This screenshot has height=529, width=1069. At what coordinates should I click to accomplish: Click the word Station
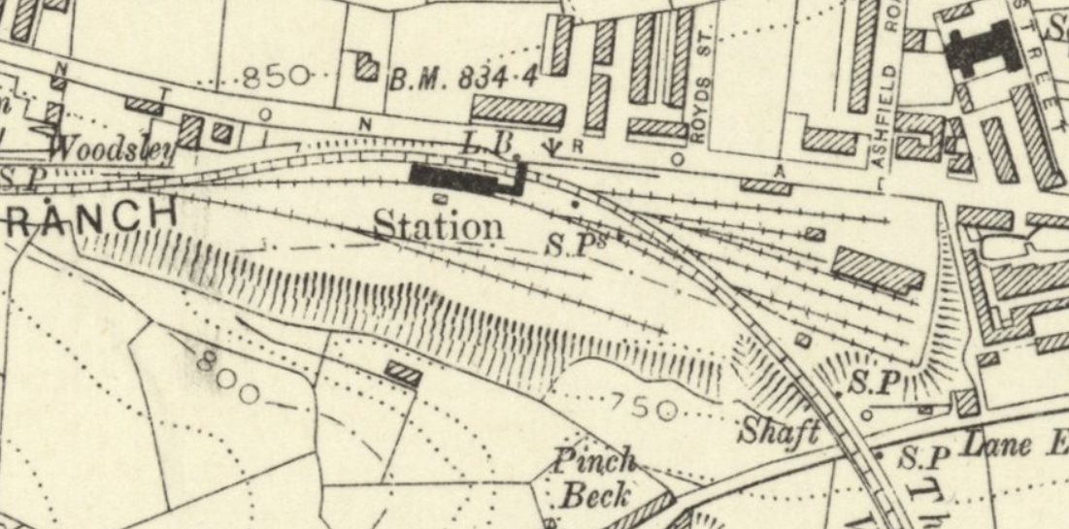point(439,225)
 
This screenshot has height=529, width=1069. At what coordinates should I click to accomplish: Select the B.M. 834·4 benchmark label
point(464,79)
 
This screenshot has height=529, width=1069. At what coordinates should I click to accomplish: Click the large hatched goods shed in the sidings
point(878,270)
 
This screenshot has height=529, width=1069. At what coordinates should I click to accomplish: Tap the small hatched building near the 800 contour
point(403,373)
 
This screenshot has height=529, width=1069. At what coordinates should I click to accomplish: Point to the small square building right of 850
point(367,66)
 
